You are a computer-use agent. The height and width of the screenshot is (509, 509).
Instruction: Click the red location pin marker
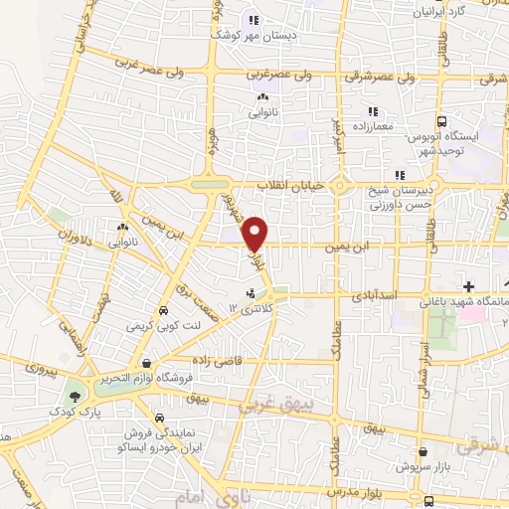256,234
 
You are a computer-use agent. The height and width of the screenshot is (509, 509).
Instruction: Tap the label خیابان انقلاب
285,186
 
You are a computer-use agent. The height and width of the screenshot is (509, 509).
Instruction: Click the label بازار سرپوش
422,465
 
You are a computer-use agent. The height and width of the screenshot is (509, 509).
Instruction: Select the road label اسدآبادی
375,295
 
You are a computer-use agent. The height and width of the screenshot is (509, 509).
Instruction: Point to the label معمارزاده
372,126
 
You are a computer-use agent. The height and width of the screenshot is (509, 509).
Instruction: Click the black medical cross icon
468,286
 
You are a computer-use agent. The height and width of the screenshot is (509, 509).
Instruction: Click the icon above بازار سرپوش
422,450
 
